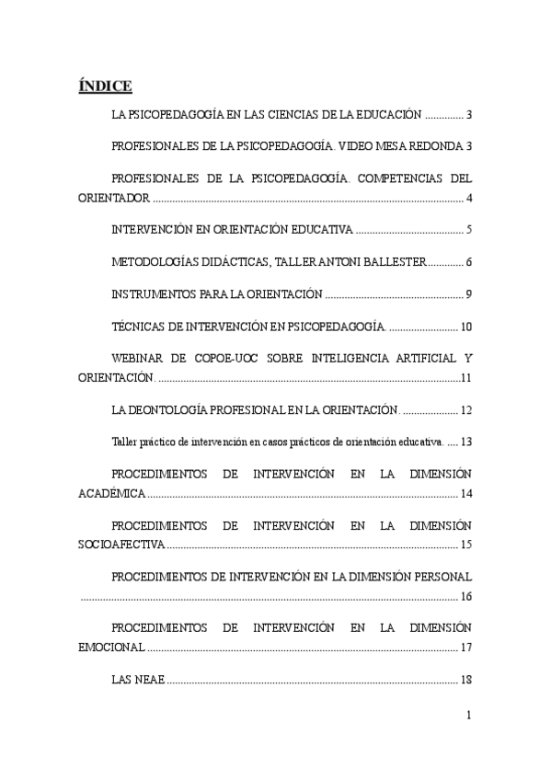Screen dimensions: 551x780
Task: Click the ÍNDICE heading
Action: click(105, 86)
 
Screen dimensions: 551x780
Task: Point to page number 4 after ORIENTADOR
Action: click(469, 199)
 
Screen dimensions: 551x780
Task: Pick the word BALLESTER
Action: click(389, 262)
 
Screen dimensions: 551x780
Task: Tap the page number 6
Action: click(469, 262)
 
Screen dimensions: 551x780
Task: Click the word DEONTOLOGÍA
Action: click(175, 410)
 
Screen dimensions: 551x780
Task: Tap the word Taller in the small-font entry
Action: click(123, 442)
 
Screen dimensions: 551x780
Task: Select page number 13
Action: click(466, 442)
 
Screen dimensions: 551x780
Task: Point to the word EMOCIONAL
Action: click(110, 648)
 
